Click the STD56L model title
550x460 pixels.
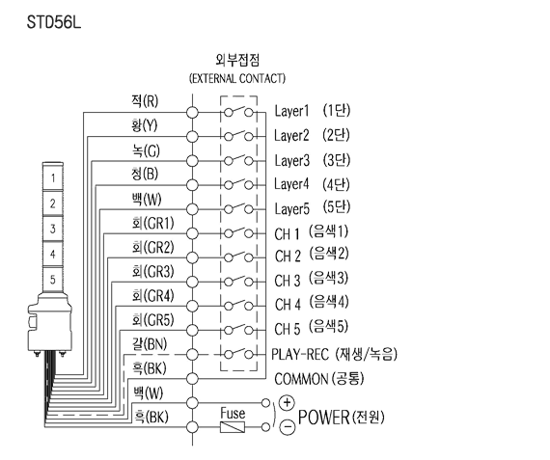click(54, 22)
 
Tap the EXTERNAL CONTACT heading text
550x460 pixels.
click(237, 78)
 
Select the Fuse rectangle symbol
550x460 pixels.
click(233, 427)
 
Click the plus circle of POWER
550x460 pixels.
click(287, 402)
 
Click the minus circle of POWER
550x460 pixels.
click(287, 427)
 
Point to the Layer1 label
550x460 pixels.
click(291, 111)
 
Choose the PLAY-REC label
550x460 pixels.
click(300, 355)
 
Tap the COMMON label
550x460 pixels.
click(301, 379)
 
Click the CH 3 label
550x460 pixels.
click(288, 281)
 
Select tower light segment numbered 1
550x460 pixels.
click(53, 178)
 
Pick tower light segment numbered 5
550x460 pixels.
click(53, 280)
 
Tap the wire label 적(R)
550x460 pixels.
click(145, 101)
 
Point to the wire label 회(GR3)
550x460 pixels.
click(152, 271)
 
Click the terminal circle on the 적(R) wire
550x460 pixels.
click(192, 113)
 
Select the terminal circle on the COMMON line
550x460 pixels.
click(192, 379)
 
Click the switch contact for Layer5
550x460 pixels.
click(238, 208)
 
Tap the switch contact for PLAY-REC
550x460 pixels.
click(238, 353)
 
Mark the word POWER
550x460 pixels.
click(323, 418)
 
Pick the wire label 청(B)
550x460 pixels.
click(145, 174)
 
